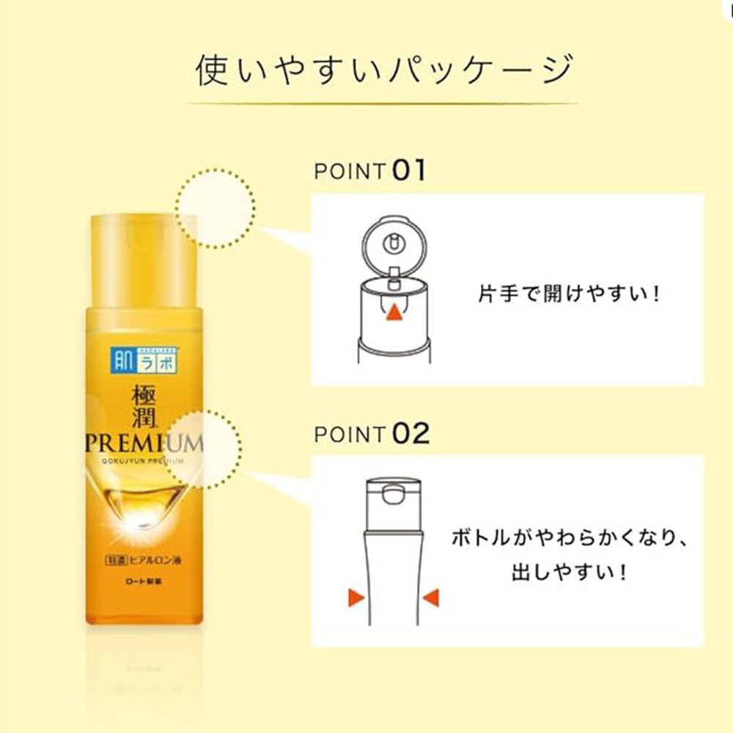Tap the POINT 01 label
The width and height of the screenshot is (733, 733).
tap(369, 171)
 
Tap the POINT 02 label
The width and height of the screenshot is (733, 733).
tap(370, 433)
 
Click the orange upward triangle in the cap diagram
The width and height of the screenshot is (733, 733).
tap(394, 312)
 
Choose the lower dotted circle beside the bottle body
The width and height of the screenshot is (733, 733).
tap(207, 449)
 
